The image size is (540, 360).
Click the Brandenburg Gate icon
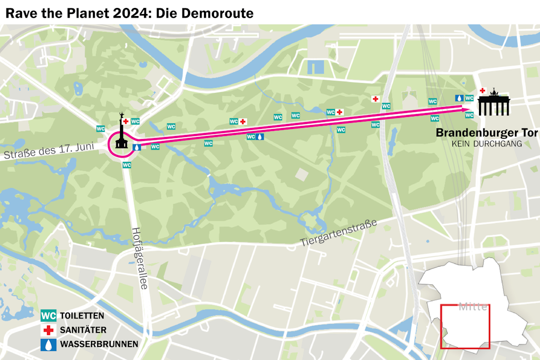(493, 103)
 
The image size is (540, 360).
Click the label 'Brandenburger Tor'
(486, 133)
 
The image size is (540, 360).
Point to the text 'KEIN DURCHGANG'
(486, 144)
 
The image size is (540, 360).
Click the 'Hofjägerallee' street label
(139, 258)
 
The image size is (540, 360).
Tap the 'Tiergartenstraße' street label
(338, 234)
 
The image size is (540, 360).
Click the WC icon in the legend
(48, 316)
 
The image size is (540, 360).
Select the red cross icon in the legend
(48, 330)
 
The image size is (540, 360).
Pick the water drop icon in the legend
(48, 344)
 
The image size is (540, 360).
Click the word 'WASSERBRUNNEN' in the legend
(99, 344)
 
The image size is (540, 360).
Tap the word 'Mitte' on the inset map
(472, 307)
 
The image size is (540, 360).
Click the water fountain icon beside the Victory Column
(137, 147)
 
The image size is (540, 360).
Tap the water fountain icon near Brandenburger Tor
(459, 98)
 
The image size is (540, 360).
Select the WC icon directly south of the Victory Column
(127, 165)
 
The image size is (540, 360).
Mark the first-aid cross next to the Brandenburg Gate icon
(482, 90)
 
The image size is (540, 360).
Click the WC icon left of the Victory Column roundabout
(100, 128)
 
